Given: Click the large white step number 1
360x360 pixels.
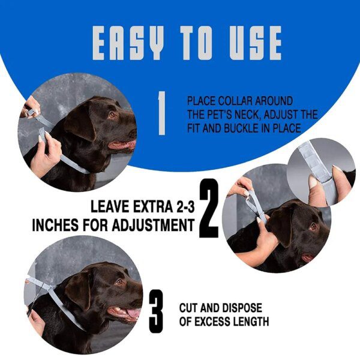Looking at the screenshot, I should [161, 113].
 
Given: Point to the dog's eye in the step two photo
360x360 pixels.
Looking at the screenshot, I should [313, 226].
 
